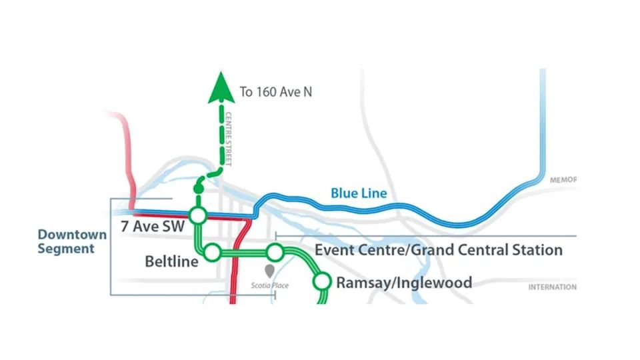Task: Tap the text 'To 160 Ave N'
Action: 275,91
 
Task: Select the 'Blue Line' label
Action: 359,194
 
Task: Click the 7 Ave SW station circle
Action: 197,216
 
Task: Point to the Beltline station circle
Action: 213,252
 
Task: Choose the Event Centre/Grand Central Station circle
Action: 275,253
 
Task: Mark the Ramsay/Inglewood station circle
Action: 323,282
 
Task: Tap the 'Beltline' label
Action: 171,261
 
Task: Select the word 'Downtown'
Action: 72,235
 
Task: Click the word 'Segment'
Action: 66,249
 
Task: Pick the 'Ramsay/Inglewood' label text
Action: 404,283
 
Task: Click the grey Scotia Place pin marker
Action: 269,271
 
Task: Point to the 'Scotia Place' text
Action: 270,286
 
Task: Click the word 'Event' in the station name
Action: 335,251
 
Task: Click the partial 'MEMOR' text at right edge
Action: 563,180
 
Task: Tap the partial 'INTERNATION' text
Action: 552,287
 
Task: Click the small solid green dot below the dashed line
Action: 197,189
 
